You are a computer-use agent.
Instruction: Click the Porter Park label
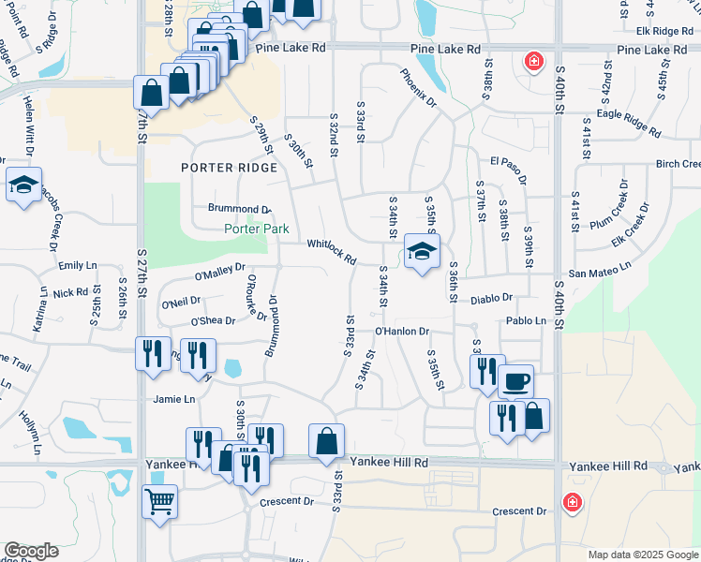pyautogui.click(x=256, y=229)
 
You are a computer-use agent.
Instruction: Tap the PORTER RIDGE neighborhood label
pyautogui.click(x=230, y=168)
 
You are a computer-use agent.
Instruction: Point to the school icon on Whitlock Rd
pyautogui.click(x=422, y=250)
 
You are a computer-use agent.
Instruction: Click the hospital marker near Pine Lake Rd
pyautogui.click(x=534, y=63)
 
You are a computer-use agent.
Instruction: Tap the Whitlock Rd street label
pyautogui.click(x=332, y=251)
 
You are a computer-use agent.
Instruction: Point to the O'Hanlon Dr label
pyautogui.click(x=401, y=331)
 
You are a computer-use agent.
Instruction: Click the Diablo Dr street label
pyautogui.click(x=493, y=298)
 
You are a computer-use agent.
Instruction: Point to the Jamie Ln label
pyautogui.click(x=174, y=399)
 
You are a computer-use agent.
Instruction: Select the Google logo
pyautogui.click(x=32, y=551)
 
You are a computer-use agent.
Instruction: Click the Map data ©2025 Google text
pyautogui.click(x=643, y=555)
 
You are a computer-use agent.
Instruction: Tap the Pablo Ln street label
pyautogui.click(x=526, y=320)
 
